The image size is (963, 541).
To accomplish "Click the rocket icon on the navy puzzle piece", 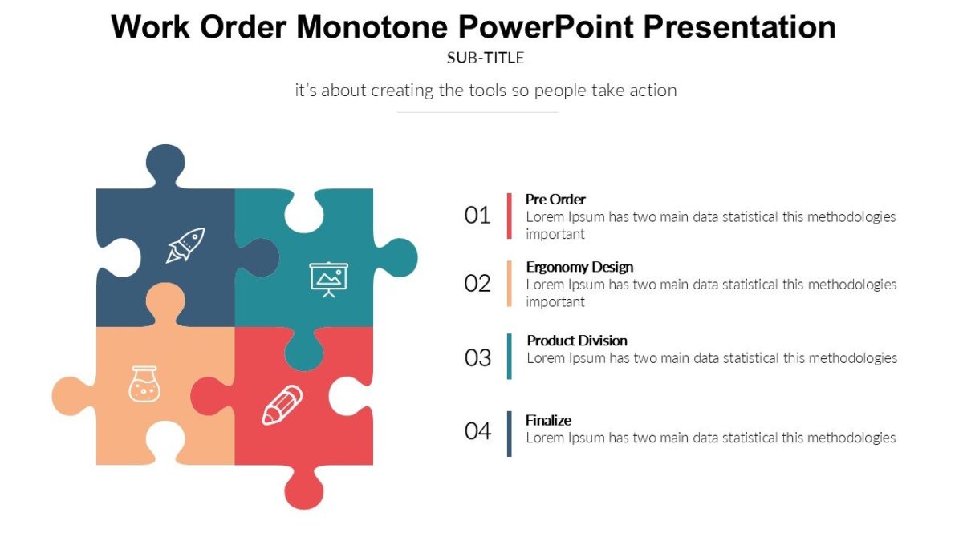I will point(185,244).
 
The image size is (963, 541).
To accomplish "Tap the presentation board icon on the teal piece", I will point(329,278).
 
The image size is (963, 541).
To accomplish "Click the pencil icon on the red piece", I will point(282,405).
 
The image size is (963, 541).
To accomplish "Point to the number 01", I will point(477,215).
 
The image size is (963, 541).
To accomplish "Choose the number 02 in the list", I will point(477,283).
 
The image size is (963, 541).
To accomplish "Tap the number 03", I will point(477,357).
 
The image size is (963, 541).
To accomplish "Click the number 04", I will point(477,431).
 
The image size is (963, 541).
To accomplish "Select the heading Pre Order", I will point(555,199).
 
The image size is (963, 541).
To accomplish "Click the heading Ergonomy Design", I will point(579,267).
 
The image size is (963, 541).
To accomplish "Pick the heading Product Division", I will point(577,341).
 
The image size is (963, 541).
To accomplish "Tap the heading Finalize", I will point(548,420).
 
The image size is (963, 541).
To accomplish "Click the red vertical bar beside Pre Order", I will point(509,216).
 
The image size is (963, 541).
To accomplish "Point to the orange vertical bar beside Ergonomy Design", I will point(509,283).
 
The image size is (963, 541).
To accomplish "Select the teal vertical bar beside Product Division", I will point(509,357).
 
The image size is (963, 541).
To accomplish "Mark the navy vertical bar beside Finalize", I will point(509,434).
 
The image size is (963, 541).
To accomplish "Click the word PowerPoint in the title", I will point(547,27).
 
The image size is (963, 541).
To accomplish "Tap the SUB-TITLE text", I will point(485,58).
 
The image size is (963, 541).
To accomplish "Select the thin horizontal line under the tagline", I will point(477,112).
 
